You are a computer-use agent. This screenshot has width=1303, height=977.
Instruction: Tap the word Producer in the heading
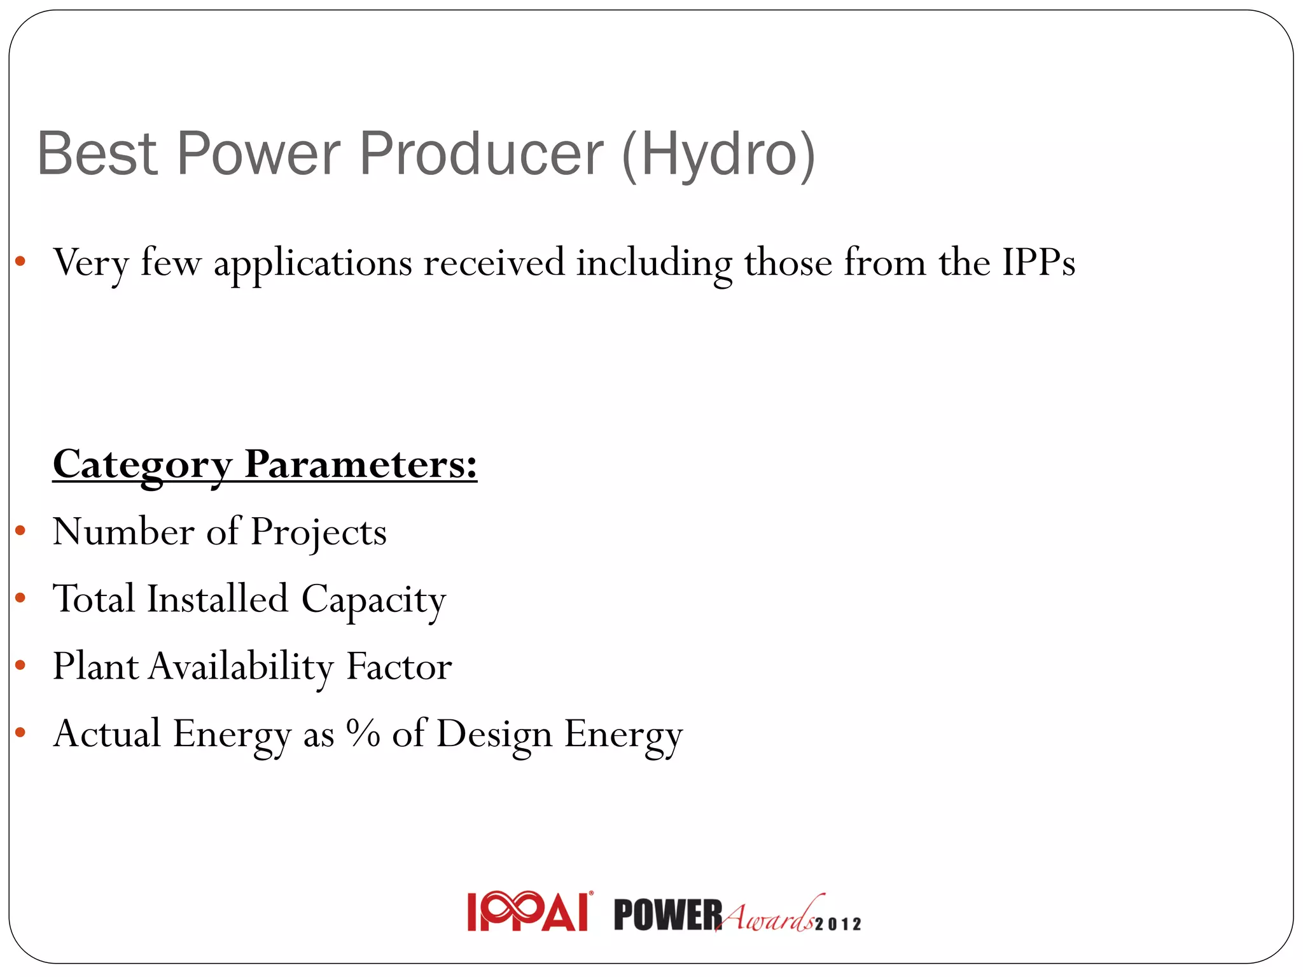(481, 154)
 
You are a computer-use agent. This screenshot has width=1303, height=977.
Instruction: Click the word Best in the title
(97, 154)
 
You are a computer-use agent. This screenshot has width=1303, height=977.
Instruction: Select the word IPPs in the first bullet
(1038, 262)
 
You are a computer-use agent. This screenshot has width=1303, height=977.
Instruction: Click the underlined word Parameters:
(360, 464)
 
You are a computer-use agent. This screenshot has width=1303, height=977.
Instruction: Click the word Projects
(318, 532)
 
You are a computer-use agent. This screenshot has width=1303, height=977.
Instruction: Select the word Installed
(218, 599)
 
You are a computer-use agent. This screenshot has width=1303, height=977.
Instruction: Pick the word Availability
(240, 667)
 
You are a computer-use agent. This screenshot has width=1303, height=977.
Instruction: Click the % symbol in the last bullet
(363, 733)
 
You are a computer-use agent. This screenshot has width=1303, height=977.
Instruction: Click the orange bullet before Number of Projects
(20, 530)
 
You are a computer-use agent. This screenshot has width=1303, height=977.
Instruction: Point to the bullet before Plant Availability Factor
(20, 665)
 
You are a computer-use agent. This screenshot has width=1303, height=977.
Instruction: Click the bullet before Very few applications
(20, 261)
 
